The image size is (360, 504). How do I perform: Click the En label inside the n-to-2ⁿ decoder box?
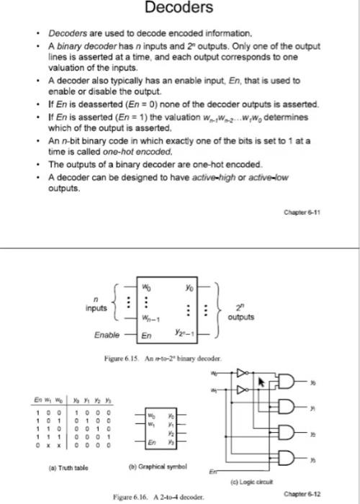pos(145,336)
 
